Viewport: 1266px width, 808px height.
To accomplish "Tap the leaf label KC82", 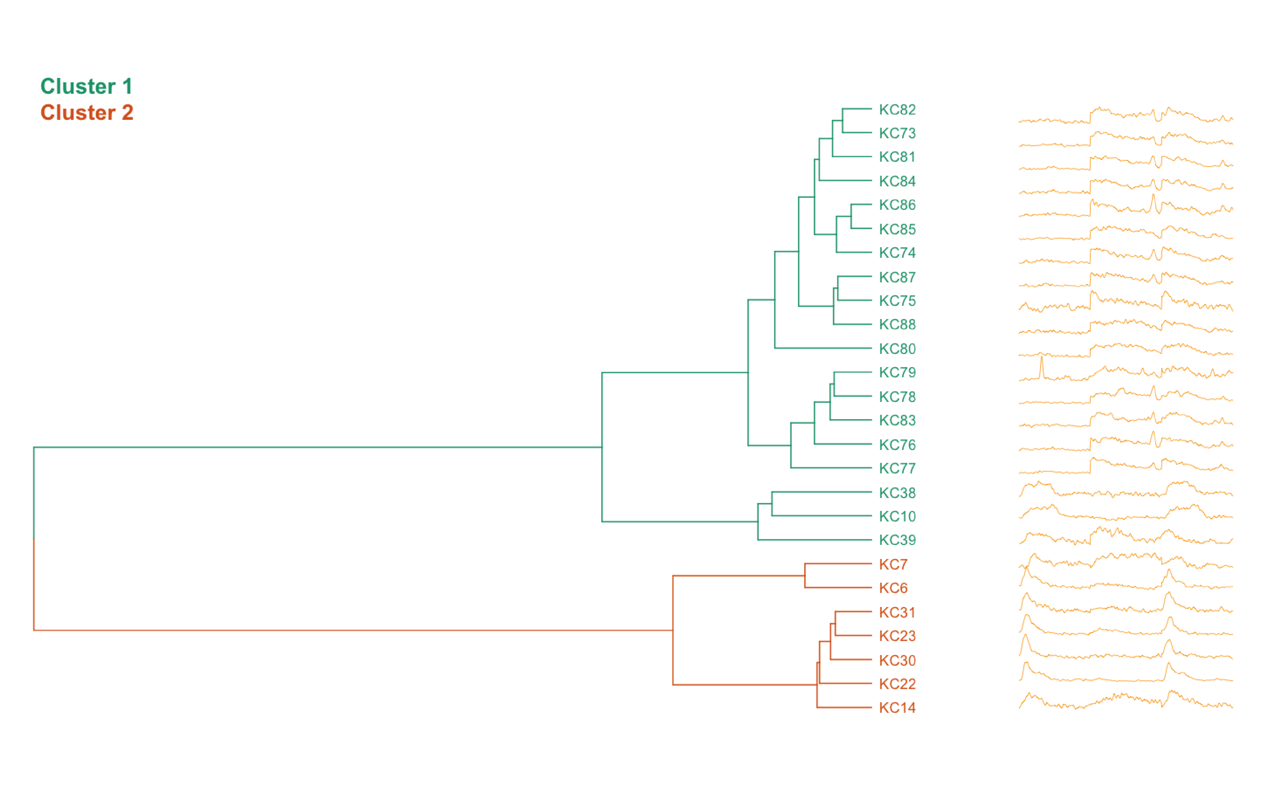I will point(897,110).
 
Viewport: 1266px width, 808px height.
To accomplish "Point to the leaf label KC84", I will point(897,181).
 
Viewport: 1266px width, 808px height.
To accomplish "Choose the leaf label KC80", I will point(897,349).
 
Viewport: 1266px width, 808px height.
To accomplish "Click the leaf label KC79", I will point(897,373).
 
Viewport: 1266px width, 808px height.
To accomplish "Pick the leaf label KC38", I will point(897,493).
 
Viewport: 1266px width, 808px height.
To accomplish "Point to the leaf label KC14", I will point(897,708).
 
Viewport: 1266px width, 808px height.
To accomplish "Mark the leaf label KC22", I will point(897,684).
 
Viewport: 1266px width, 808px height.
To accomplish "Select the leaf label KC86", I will point(897,205).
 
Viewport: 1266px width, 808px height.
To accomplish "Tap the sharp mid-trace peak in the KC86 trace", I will point(1153,197).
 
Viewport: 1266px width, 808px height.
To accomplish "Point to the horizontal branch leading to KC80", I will point(823,348).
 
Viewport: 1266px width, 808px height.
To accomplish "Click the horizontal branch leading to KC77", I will point(831,468).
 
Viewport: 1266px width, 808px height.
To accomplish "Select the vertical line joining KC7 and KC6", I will point(805,576).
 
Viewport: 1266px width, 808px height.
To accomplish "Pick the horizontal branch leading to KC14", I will point(844,708).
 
